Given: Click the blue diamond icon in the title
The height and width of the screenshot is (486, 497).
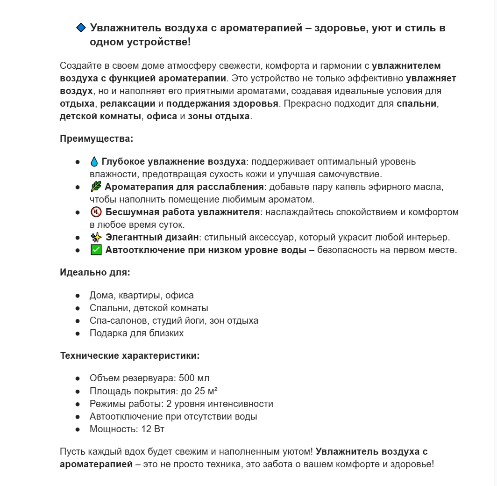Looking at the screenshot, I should [81, 28].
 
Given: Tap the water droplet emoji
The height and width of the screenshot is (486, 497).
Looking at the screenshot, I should [94, 162].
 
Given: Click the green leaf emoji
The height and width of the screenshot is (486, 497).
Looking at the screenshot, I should [95, 187].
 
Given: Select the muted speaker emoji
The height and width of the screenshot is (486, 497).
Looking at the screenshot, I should [96, 212].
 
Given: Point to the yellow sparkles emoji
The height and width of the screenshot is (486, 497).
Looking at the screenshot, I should [96, 238].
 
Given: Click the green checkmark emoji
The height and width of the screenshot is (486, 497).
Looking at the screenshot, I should [96, 250].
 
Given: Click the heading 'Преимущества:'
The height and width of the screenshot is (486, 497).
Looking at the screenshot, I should [96, 139].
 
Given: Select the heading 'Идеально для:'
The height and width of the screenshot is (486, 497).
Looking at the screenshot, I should [95, 272].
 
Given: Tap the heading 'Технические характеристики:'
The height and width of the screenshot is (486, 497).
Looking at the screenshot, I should [129, 355].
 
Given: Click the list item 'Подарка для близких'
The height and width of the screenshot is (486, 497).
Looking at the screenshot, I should [136, 334].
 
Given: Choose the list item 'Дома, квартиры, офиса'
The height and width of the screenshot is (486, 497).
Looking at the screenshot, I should [142, 296].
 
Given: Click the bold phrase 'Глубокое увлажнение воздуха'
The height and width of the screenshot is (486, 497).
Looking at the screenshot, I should [173, 162].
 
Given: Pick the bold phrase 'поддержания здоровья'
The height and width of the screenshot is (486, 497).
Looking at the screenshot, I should [222, 103].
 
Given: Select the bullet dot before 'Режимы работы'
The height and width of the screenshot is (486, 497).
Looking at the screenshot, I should [78, 404].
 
